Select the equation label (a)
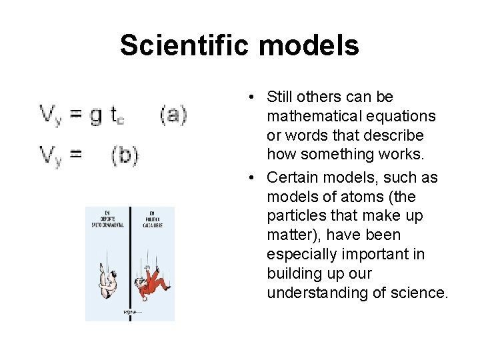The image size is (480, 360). pyautogui.click(x=173, y=115)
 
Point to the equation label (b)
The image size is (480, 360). pyautogui.click(x=125, y=155)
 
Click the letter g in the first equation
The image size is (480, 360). pyautogui.click(x=96, y=116)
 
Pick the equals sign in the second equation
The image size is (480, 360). pyautogui.click(x=76, y=155)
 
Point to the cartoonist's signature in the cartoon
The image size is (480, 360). pyautogui.click(x=130, y=311)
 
